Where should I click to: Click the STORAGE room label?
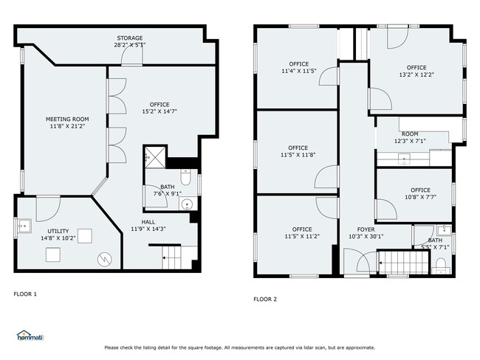[x=130, y=38]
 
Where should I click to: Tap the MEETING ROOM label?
[x=67, y=120]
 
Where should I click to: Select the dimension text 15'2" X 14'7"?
[x=160, y=111]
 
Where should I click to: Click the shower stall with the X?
[x=155, y=158]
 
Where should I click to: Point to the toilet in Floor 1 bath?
[x=186, y=177]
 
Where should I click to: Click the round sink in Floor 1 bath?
[x=186, y=204]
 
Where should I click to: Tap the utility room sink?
[x=24, y=226]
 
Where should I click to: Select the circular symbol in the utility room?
[x=105, y=260]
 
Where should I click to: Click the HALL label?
[x=148, y=222]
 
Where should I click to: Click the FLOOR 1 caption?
[x=25, y=294]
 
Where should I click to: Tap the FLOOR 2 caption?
[x=265, y=299]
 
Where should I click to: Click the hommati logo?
[x=30, y=336]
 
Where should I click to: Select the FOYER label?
[x=366, y=229]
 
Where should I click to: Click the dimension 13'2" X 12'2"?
[x=416, y=75]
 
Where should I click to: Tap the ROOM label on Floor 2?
[x=410, y=134]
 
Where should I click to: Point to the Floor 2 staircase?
[x=404, y=263]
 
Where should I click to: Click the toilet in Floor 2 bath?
[x=441, y=265]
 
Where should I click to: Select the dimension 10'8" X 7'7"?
[x=421, y=197]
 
